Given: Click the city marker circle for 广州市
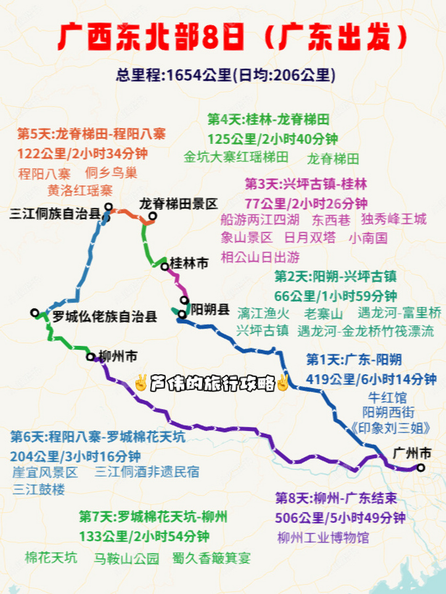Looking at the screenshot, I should pyautogui.click(x=420, y=468).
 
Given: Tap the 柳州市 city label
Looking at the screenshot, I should pyautogui.click(x=118, y=356).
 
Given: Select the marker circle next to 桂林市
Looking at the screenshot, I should pyautogui.click(x=164, y=266).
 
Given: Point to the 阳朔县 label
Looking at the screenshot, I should pyautogui.click(x=210, y=309).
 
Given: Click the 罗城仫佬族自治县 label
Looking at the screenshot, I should pyautogui.click(x=105, y=317).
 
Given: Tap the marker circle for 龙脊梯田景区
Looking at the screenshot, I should pyautogui.click(x=152, y=216).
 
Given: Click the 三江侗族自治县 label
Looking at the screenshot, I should pyautogui.click(x=55, y=214).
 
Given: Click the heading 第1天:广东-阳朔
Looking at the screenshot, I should pyautogui.click(x=354, y=360).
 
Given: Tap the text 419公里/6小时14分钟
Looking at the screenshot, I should pyautogui.click(x=371, y=379).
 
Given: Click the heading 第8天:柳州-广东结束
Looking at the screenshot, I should pyautogui.click(x=336, y=498).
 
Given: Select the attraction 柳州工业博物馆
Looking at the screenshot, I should pyautogui.click(x=323, y=537).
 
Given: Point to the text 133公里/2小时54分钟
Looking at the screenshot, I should pyautogui.click(x=144, y=536).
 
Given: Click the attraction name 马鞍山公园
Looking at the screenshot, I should pyautogui.click(x=126, y=558).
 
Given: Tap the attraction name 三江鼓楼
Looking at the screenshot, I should pyautogui.click(x=39, y=489).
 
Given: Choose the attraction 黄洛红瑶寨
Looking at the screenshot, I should pyautogui.click(x=80, y=190).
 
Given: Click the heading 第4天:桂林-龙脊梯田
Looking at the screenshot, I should pyautogui.click(x=268, y=119).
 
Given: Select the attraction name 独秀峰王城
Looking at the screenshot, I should pyautogui.click(x=394, y=219).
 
